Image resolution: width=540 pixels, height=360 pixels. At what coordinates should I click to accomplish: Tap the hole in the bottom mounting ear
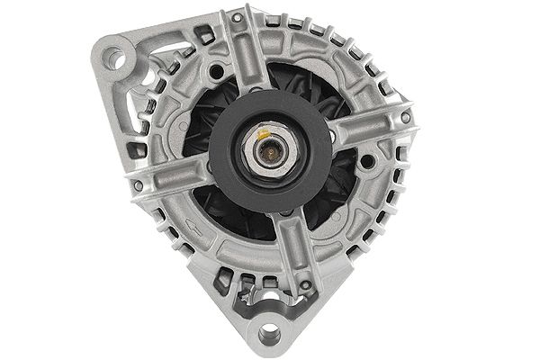pyautogui.click(x=267, y=334)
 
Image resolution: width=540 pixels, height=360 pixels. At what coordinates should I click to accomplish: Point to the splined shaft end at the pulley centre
pyautogui.click(x=267, y=150)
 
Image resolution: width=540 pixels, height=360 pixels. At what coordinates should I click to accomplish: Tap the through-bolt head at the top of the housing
pyautogui.click(x=237, y=18)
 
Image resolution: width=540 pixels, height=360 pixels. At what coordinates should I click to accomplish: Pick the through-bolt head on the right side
pyautogui.click(x=406, y=117)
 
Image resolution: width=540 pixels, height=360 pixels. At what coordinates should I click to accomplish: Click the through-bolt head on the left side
pyautogui.click(x=138, y=184)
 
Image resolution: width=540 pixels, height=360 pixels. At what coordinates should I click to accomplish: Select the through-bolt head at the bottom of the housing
pyautogui.click(x=306, y=285)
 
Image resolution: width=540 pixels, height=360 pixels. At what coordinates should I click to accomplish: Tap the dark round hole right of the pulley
pyautogui.click(x=366, y=162)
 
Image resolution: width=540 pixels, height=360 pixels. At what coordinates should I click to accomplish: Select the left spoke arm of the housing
pyautogui.click(x=171, y=175)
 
